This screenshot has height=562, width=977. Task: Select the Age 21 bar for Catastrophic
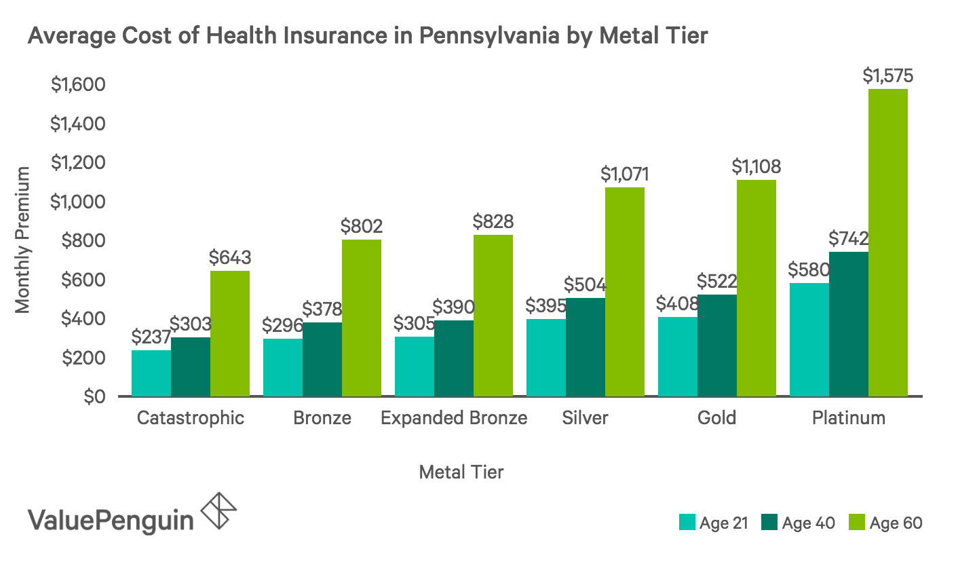tap(151, 373)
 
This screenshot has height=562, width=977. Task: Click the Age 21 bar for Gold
tap(678, 356)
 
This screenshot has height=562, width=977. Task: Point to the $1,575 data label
tap(887, 76)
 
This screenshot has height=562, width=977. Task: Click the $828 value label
tap(493, 221)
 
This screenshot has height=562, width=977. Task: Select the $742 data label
tap(848, 239)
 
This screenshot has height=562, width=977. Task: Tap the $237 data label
tap(150, 337)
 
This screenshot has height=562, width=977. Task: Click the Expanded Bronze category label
tap(454, 418)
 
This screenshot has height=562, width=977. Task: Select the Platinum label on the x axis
tap(848, 418)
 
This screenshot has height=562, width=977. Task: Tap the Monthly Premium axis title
tap(23, 240)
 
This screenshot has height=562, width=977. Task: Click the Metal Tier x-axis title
tap(461, 472)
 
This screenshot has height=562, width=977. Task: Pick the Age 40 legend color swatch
tap(768, 522)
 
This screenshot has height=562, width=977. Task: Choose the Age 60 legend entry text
tap(896, 523)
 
